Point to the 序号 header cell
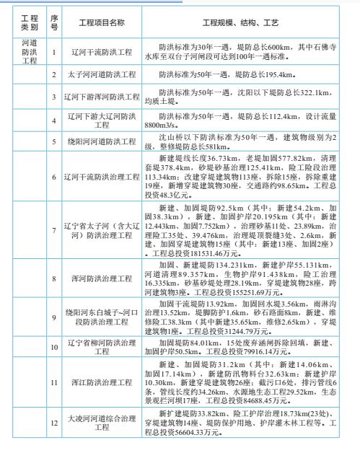coord(54,22)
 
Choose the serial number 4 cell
coord(54,118)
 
